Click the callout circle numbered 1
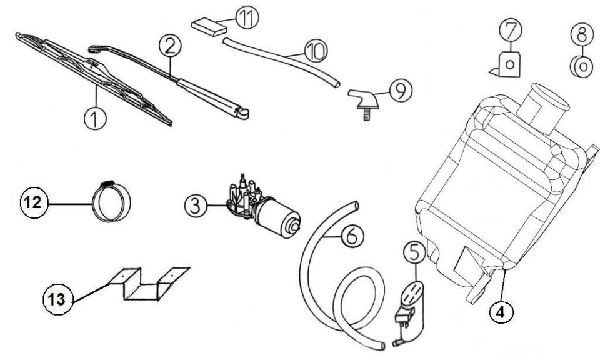[x=95, y=118]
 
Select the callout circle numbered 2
[x=170, y=46]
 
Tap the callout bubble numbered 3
[x=196, y=206]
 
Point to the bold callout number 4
[x=501, y=312]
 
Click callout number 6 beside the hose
[x=352, y=236]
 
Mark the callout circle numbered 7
[x=511, y=30]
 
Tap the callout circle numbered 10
[x=316, y=51]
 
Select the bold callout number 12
[x=34, y=202]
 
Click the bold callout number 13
[x=57, y=299]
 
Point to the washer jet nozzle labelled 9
[x=364, y=102]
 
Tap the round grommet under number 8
[x=581, y=67]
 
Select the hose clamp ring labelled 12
[x=111, y=201]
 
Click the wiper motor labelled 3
[x=264, y=207]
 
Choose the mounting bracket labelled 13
[x=149, y=284]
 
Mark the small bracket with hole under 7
[x=506, y=64]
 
